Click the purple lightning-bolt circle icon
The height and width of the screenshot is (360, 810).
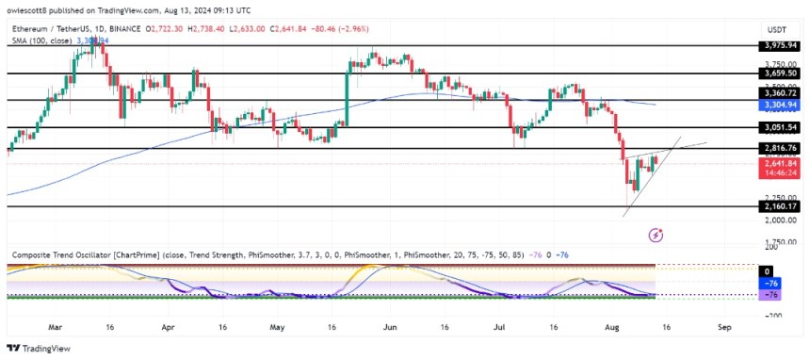(656, 234)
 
